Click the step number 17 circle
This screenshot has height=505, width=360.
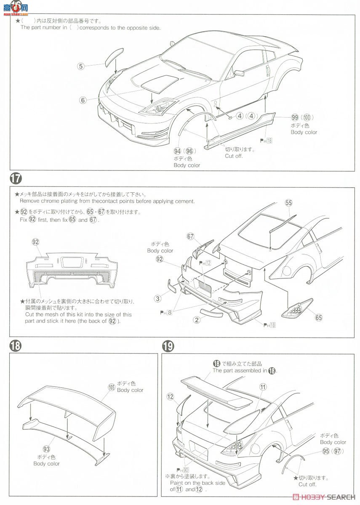[16, 178]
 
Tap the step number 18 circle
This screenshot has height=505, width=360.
[16, 346]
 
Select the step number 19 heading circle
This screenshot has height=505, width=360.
[168, 346]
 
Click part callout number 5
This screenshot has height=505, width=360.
[81, 66]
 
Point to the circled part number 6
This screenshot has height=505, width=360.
[83, 100]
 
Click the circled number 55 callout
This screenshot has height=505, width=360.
[288, 202]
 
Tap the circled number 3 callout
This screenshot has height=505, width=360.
[157, 298]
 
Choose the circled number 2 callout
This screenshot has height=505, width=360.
[197, 320]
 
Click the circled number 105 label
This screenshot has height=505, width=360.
[111, 387]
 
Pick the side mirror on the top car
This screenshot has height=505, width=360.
[239, 73]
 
